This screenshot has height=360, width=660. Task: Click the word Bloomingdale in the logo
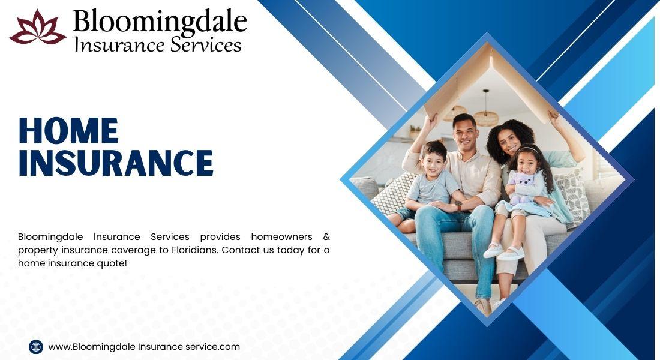pos(160,22)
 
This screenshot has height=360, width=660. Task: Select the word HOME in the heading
pos(68,131)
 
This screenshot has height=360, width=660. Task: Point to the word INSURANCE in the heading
pos(116,163)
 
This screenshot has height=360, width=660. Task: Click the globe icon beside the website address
pos(36,347)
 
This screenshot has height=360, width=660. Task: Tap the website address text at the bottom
pos(144,347)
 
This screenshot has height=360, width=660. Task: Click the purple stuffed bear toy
pos(523,188)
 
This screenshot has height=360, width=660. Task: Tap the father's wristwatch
pos(458,206)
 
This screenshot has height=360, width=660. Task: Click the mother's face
pos(508,140)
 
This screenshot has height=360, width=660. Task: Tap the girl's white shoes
pos(503,252)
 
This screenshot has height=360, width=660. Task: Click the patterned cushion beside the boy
pos(394,193)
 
